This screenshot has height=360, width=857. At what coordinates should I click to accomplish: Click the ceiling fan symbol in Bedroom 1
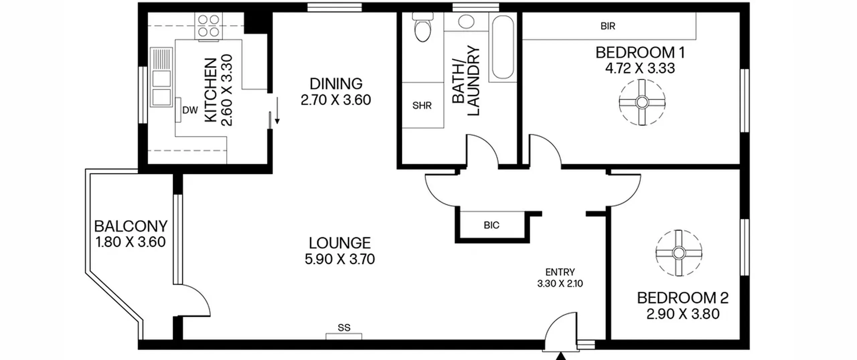pyautogui.click(x=642, y=102)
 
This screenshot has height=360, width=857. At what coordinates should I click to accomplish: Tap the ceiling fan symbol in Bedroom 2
pyautogui.click(x=679, y=253)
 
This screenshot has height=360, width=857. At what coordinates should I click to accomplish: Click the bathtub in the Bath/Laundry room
pyautogui.click(x=503, y=47)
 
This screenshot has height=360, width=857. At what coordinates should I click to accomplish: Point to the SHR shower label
pyautogui.click(x=422, y=106)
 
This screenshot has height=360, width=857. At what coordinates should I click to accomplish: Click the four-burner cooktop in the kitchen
pyautogui.click(x=209, y=26)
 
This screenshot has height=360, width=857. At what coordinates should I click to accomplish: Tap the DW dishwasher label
pyautogui.click(x=190, y=110)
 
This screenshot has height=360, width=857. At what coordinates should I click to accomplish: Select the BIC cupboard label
pyautogui.click(x=491, y=225)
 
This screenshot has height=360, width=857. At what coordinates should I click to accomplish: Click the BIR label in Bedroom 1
pyautogui.click(x=608, y=26)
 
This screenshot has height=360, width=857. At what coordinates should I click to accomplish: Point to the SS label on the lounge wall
pyautogui.click(x=344, y=328)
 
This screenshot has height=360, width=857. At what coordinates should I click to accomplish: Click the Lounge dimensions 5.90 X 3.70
pyautogui.click(x=340, y=259)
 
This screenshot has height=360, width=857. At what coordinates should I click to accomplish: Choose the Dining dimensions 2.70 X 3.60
pyautogui.click(x=336, y=100)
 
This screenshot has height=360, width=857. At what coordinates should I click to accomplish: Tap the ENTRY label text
pyautogui.click(x=560, y=272)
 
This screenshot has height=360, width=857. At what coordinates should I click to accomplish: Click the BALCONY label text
pyautogui.click(x=131, y=226)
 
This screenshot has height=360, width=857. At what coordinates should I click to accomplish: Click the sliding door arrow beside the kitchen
pyautogui.click(x=277, y=111)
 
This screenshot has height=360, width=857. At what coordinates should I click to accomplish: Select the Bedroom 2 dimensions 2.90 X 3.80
pyautogui.click(x=683, y=314)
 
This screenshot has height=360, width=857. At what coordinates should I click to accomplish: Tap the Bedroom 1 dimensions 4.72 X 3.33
pyautogui.click(x=640, y=68)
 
